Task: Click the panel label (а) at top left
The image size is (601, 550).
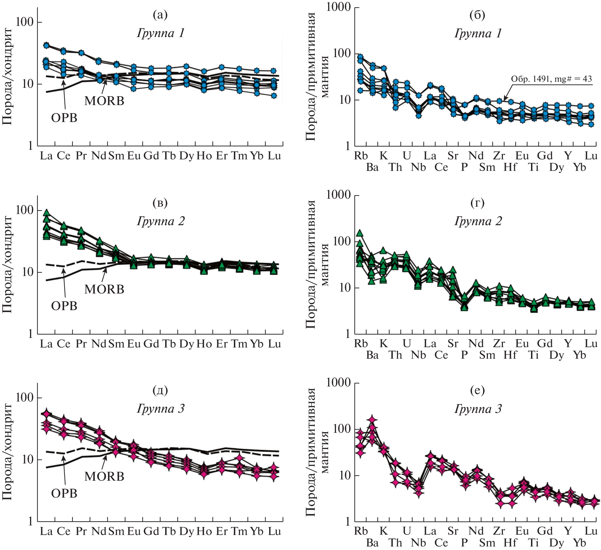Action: coord(160,15)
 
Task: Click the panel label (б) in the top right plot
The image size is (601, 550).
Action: coord(477,15)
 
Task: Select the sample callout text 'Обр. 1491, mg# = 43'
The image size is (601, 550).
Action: coord(551,79)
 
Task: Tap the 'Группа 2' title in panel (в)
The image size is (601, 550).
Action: coord(161,221)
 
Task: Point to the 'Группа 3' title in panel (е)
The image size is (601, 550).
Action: coord(478,409)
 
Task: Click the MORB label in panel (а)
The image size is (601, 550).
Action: coord(104,101)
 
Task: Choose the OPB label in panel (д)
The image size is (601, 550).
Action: coord(64,493)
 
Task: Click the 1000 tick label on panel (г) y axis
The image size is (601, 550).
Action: coord(338,195)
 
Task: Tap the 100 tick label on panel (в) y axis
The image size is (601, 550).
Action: coord(24,210)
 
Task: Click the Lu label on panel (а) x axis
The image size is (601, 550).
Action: coord(274,156)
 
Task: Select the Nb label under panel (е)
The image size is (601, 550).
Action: coord(418,543)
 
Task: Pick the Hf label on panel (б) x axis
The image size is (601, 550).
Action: coord(510,167)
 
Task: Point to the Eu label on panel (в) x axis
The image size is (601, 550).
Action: coord(134,344)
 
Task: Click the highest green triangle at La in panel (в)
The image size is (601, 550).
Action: coord(47,213)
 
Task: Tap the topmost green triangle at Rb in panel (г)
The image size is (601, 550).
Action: coord(360,233)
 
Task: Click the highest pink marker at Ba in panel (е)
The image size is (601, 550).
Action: coord(372,420)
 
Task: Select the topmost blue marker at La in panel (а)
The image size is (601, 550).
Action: coord(46,45)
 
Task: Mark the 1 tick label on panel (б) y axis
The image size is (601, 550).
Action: coord(348,146)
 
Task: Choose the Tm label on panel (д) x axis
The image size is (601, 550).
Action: coord(239,531)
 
